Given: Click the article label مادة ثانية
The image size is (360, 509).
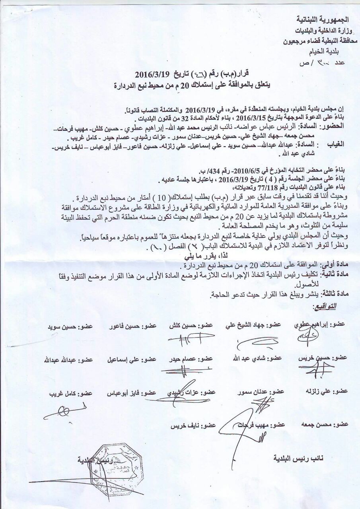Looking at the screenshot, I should pyautogui.click(x=333, y=274).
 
